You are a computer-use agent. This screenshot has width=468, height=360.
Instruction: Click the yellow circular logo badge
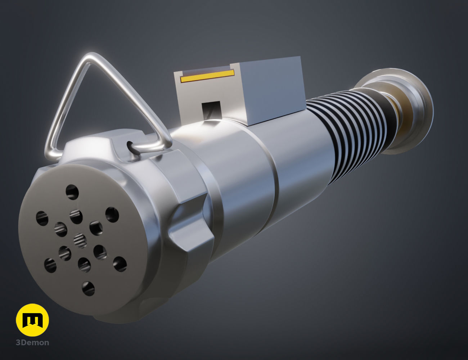[32, 320]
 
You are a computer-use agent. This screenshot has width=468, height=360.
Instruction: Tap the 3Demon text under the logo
[32, 343]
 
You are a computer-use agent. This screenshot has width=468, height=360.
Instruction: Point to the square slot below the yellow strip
[211, 108]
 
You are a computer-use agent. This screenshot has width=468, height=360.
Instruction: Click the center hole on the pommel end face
[80, 240]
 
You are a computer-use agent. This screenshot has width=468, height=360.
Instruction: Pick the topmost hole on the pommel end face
[72, 192]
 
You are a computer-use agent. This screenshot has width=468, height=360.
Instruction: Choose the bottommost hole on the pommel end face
[88, 288]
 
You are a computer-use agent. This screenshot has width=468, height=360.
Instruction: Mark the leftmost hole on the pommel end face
[42, 218]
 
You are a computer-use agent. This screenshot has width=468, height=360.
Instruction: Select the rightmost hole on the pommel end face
[120, 264]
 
